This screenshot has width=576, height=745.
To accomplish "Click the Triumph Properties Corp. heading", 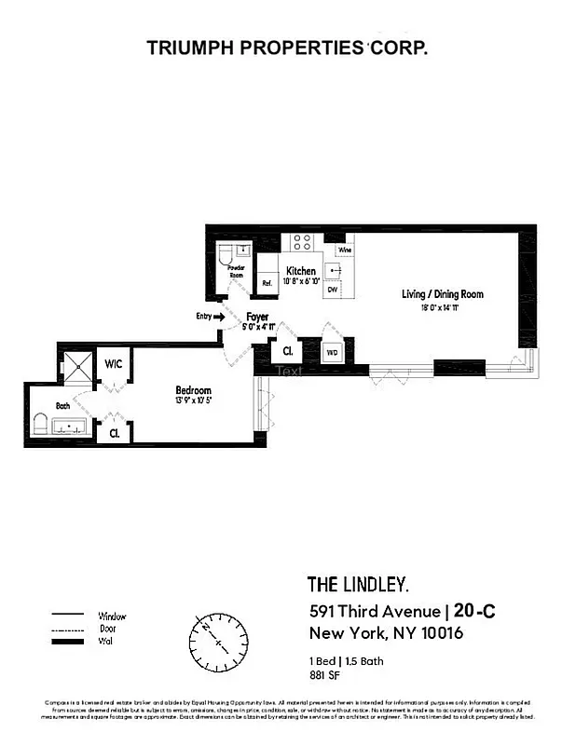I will tap(287, 48).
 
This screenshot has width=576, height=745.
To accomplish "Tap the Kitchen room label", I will tap(300, 271).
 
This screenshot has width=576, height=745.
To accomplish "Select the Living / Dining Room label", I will tap(442, 295).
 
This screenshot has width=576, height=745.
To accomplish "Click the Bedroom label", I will tap(194, 390).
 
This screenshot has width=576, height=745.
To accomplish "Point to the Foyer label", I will tap(257, 317).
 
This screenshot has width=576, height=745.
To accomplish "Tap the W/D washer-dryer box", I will tap(333, 353).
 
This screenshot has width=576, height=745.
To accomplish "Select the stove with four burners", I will tap(302, 242).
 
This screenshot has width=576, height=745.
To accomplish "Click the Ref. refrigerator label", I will tap(266, 282).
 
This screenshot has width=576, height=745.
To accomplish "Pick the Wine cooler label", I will tap(344, 250).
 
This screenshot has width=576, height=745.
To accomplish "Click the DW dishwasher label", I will tap(332, 290).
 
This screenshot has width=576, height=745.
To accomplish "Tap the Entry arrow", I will tap(220, 317).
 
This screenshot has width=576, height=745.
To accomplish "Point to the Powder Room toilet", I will tap(226, 256).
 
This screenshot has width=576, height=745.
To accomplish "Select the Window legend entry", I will tap(111, 616).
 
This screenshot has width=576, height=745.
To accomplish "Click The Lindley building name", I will tap(358, 585).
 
